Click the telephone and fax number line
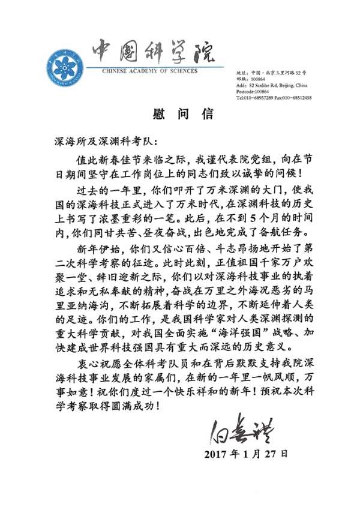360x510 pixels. tap(274, 97)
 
